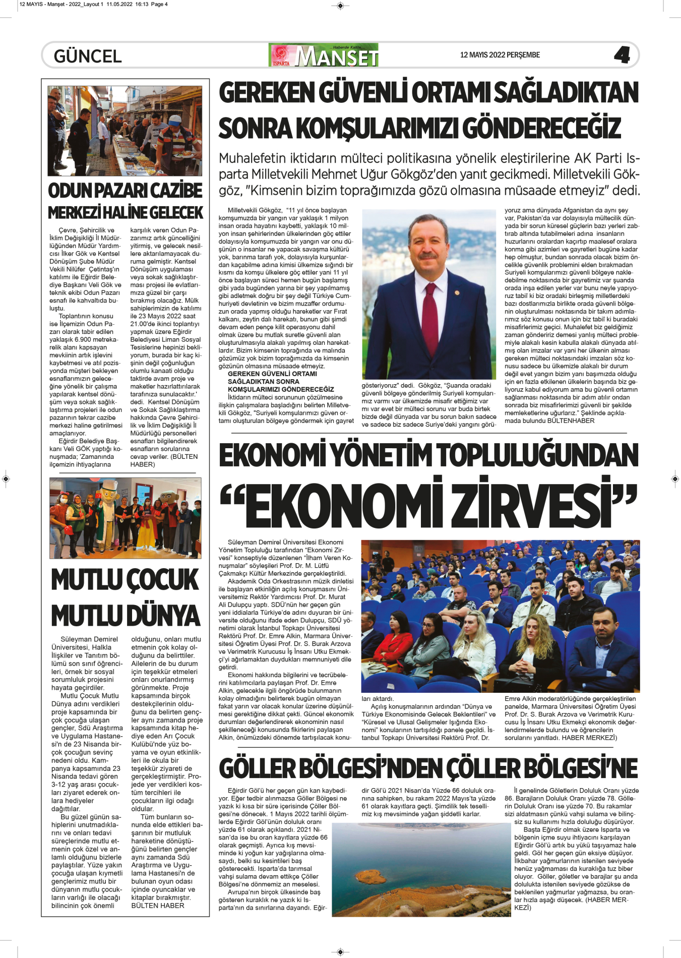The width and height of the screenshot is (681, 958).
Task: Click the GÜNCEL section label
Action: point(88,56)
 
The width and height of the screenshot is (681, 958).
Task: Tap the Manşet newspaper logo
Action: point(324,55)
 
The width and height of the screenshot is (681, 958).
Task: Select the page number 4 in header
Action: point(622,55)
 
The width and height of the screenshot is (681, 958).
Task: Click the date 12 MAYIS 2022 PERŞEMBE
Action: point(500,55)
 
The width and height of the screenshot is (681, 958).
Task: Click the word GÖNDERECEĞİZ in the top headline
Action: point(541,129)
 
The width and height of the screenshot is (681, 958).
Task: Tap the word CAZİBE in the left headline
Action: point(176,191)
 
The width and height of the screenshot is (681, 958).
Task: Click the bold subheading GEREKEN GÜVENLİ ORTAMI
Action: point(272,374)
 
